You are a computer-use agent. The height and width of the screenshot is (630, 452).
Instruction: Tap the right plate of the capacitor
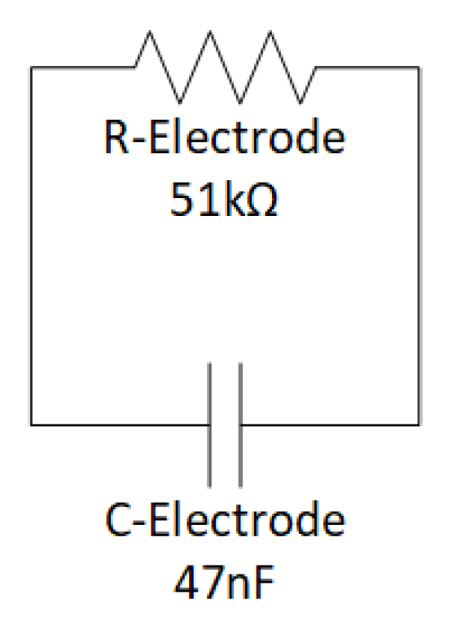(x=241, y=424)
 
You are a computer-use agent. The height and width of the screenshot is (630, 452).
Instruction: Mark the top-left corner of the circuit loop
(x=32, y=68)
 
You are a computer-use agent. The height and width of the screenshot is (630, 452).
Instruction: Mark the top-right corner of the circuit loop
(x=420, y=68)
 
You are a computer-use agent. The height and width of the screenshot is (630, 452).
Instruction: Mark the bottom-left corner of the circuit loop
(x=32, y=424)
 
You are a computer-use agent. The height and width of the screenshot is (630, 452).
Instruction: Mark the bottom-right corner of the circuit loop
(x=420, y=424)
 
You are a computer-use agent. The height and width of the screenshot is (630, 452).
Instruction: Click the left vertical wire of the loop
(x=32, y=245)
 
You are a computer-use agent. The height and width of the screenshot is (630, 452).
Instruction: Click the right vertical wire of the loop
(x=420, y=245)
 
